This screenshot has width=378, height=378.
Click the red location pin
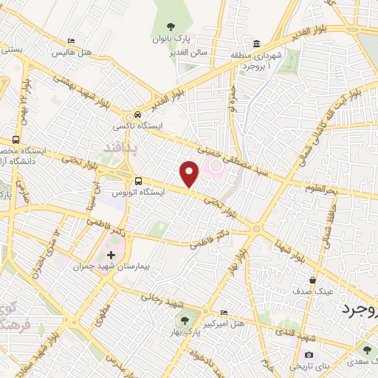click(190, 173)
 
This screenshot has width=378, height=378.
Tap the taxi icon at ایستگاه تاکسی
click(137, 116)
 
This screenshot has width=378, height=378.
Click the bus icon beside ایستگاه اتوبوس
click(138, 181)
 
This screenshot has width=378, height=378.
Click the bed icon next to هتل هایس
click(71, 41)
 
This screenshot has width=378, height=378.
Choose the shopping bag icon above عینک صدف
click(313, 281)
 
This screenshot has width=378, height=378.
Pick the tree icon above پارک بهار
click(185, 320)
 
